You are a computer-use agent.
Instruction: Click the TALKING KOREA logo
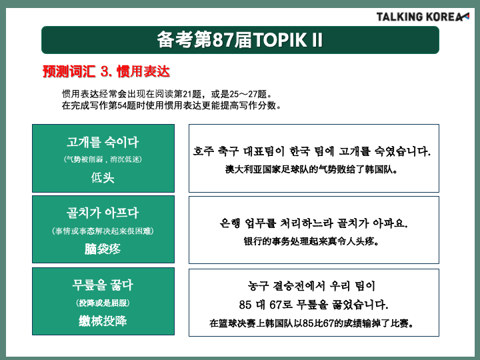[423, 17]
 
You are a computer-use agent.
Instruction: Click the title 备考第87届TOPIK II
[240, 40]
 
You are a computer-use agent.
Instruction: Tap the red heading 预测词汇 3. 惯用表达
[106, 71]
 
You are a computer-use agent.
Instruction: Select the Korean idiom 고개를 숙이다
[103, 143]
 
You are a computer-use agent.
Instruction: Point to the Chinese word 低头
[103, 177]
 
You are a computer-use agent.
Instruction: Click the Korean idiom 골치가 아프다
[103, 213]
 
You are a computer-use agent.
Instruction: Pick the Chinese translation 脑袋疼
[103, 249]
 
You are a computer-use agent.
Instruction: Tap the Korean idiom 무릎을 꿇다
[103, 285]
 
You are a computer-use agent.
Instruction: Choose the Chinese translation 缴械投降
[103, 321]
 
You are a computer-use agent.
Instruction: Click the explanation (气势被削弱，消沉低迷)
[103, 159]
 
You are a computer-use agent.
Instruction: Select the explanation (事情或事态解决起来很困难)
[103, 231]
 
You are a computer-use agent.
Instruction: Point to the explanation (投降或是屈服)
[103, 303]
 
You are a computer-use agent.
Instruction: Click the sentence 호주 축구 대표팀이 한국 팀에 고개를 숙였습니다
[312, 151]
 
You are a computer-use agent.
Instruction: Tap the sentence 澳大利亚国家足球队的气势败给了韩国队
[311, 169]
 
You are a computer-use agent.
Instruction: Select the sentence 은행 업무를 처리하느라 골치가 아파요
[313, 223]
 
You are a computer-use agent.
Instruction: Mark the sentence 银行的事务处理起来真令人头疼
[311, 241]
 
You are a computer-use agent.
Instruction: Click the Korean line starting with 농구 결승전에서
[311, 286]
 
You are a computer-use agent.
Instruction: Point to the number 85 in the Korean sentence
[245, 305]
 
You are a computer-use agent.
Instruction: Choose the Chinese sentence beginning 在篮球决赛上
[311, 323]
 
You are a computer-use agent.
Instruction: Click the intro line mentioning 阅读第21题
[167, 94]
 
